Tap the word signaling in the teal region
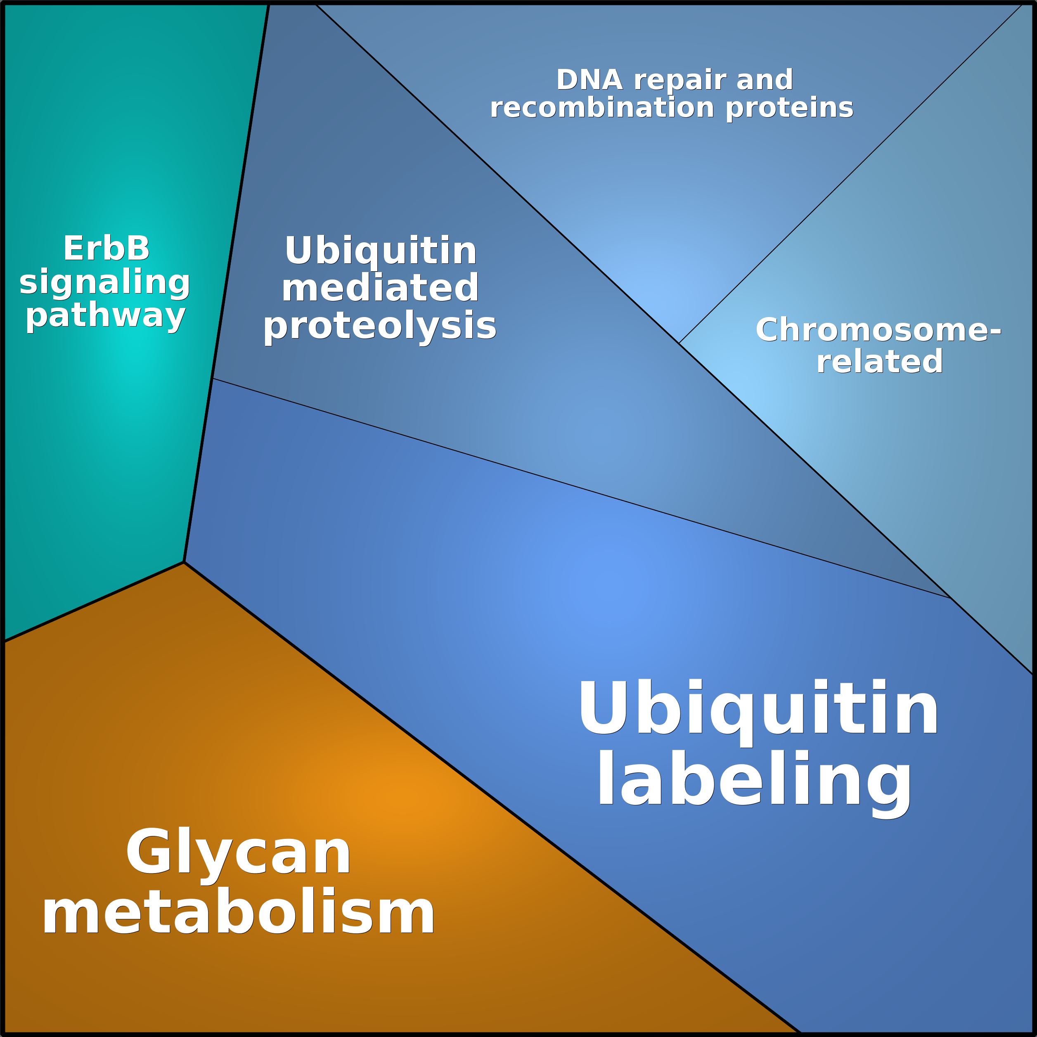pos(105,282)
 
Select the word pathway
pos(106,316)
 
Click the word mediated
pos(380,288)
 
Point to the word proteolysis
pos(380,326)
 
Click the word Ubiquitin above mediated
pos(381,251)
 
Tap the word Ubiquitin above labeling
pos(758,708)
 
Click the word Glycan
pos(238,853)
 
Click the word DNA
pos(589,80)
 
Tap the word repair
pos(680,80)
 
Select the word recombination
pos(602,108)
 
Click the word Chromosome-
pos(878,330)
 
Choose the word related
pos(879,362)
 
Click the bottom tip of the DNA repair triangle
pos(679,343)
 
